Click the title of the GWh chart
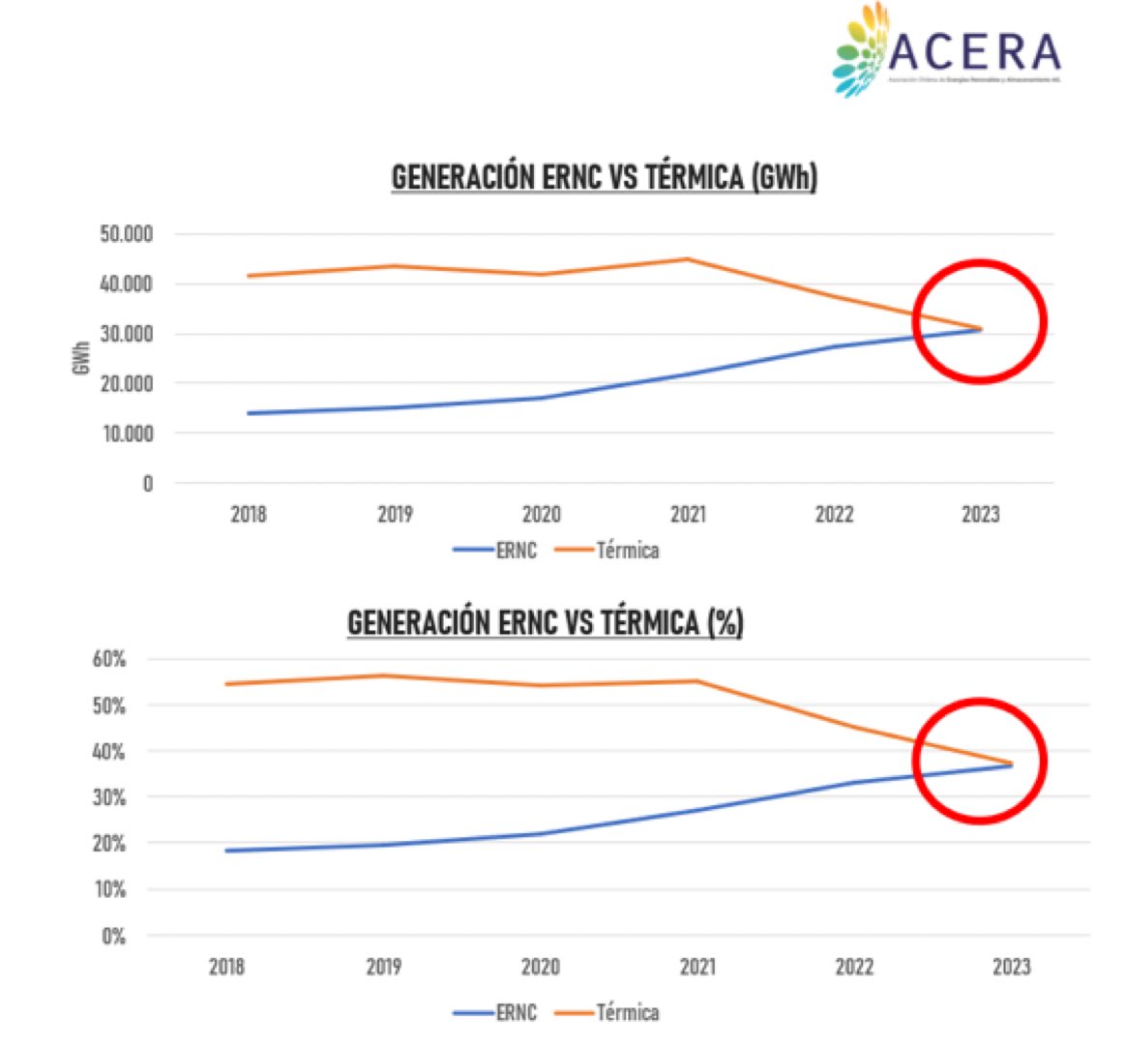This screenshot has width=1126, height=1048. coord(604,177)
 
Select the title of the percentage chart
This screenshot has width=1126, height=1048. coord(545,622)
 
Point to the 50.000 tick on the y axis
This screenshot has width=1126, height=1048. coord(126,234)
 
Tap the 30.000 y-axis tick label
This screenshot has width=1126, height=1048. coord(126,334)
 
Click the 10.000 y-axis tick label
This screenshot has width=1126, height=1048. coord(126,434)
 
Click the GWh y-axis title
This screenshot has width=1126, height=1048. coord(80,358)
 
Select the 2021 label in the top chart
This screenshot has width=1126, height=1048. coord(688,514)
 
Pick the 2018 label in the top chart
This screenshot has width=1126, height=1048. coord(249,514)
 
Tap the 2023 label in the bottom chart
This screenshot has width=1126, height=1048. coord(1011,966)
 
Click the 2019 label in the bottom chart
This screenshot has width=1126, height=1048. coord(384,966)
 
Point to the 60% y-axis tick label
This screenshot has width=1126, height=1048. coord(109,659)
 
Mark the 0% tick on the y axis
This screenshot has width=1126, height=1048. coord(113,936)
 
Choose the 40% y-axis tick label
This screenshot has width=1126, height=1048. coord(109,752)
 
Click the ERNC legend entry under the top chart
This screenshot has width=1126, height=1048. coord(495,551)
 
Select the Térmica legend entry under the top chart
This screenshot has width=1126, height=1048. coord(607,551)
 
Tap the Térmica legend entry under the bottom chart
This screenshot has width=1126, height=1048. coord(607,1013)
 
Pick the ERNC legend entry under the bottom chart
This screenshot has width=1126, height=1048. coord(495,1013)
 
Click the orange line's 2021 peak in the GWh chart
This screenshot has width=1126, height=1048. coord(688,258)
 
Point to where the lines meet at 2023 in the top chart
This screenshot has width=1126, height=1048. coord(980,329)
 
